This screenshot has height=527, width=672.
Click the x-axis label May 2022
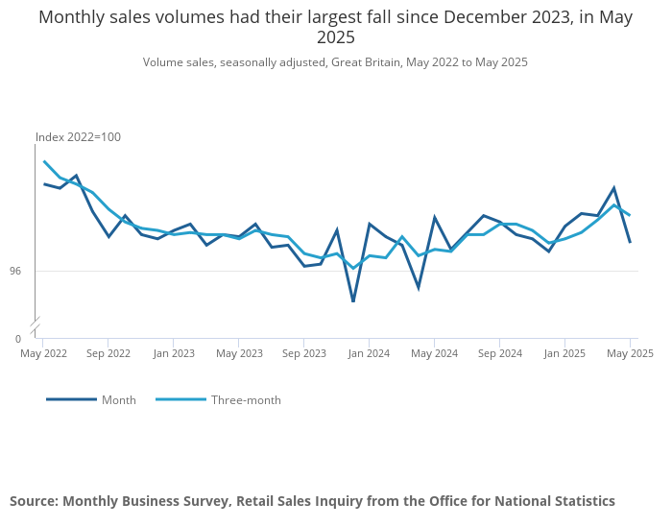[x=44, y=353]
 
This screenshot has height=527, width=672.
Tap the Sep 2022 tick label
[x=108, y=353]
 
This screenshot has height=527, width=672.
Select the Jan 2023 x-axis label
[x=174, y=353]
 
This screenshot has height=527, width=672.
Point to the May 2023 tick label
[x=239, y=353]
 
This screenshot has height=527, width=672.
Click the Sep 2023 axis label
[x=304, y=353]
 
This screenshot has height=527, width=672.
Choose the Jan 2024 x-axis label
[x=369, y=353]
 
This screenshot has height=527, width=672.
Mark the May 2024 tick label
[x=434, y=353]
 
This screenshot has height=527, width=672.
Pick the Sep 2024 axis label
[x=499, y=353]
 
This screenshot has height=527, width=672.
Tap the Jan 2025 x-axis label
[x=564, y=353]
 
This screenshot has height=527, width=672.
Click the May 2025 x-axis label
[x=630, y=353]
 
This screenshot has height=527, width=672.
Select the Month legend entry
[x=119, y=400]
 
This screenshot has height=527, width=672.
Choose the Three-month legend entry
[x=246, y=400]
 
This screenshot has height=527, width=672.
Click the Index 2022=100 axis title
[x=78, y=137]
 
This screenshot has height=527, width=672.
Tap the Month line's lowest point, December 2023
[x=353, y=301]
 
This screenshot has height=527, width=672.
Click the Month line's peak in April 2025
[x=613, y=188]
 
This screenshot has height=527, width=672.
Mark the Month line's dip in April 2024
[x=419, y=287]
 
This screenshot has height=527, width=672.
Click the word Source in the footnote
[x=34, y=501]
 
